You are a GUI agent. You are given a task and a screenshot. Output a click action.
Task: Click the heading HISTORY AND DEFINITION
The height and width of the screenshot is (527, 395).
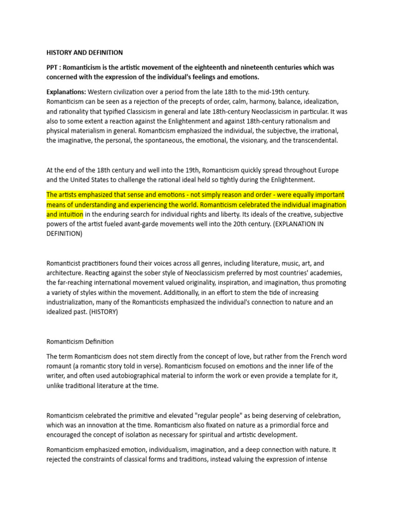[x=84, y=52]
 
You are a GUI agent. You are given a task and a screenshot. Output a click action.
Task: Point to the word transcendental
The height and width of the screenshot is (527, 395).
[x=315, y=140]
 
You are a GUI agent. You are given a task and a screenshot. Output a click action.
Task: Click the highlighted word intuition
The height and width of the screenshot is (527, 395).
[x=67, y=214]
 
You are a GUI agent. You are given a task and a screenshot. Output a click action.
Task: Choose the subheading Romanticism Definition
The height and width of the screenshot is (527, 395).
[x=80, y=341]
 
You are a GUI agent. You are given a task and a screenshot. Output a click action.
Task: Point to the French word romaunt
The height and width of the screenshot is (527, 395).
[x=59, y=366]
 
